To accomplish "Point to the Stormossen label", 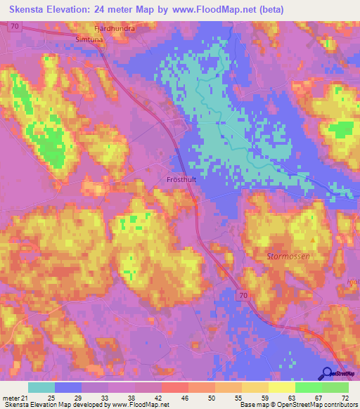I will [x=288, y=257].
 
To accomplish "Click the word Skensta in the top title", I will [x=28, y=10].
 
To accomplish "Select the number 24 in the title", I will [x=112, y=10].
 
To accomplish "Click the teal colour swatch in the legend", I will [x=41, y=387].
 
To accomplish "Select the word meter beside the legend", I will [x=10, y=398].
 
